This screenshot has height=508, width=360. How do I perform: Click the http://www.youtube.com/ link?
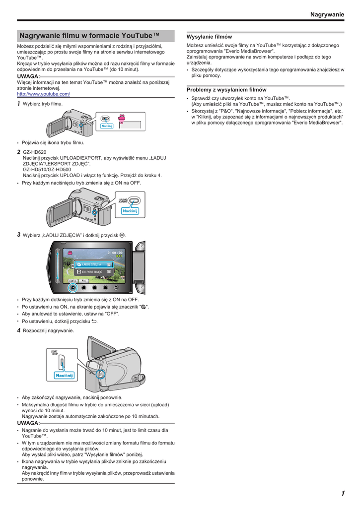pyautogui.click(x=43, y=94)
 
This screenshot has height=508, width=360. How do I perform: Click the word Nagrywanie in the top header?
pyautogui.click(x=327, y=14)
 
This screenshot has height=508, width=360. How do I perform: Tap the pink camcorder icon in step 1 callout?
pyautogui.click(x=121, y=119)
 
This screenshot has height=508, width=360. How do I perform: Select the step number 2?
pyautogui.click(x=19, y=152)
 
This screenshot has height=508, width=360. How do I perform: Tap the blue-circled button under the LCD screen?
pyautogui.click(x=73, y=287)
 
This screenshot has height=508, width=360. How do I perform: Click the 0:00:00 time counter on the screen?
pyautogui.click(x=115, y=252)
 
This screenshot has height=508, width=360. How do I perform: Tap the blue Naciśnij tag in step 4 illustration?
pyautogui.click(x=64, y=376)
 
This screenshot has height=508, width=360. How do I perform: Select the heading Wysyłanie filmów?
pyautogui.click(x=209, y=37)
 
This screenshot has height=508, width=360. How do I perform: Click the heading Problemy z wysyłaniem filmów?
pyautogui.click(x=226, y=90)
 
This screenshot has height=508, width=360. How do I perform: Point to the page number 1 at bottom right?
pyautogui.click(x=342, y=493)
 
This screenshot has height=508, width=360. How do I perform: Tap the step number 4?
pyautogui.click(x=19, y=330)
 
